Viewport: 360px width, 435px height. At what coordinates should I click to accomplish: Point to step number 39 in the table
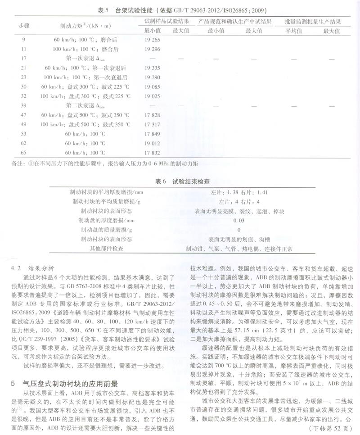24,105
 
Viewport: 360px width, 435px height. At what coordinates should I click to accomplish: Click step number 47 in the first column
24,115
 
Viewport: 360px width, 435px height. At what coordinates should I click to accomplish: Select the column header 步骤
24,26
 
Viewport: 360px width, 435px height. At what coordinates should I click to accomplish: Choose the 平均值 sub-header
292,30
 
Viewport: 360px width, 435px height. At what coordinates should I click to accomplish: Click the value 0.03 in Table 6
239,221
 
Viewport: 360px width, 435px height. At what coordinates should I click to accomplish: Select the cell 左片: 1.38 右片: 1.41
239,192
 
